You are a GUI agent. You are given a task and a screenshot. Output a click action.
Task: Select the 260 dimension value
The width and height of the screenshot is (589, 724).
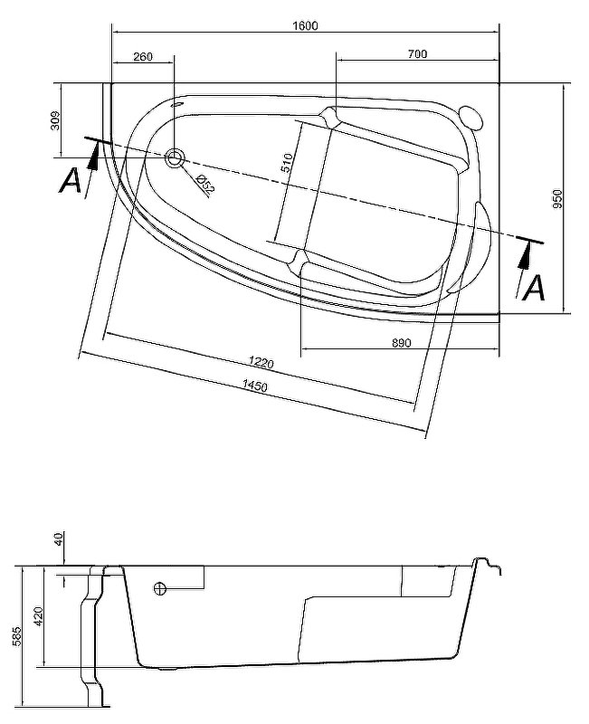pyautogui.click(x=142, y=56)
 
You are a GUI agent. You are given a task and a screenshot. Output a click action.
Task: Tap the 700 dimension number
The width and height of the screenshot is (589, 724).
pyautogui.click(x=416, y=55)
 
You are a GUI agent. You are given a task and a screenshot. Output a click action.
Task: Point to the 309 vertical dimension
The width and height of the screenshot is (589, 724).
pyautogui.click(x=54, y=120)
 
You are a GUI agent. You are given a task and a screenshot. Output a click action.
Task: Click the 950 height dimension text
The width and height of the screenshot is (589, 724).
pyautogui.click(x=558, y=200)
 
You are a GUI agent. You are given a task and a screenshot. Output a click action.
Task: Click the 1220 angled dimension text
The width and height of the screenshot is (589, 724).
pyautogui.click(x=261, y=362)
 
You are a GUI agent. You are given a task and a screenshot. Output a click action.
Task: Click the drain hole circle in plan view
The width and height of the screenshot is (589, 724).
pyautogui.click(x=175, y=158)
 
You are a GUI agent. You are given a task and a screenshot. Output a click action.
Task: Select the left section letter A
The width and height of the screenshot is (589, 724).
pyautogui.click(x=70, y=182)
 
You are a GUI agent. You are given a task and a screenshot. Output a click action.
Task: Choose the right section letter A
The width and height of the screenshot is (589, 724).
pyautogui.click(x=536, y=288)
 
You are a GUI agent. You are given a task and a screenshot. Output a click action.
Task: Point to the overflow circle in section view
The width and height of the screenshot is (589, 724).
pyautogui.click(x=161, y=588)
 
